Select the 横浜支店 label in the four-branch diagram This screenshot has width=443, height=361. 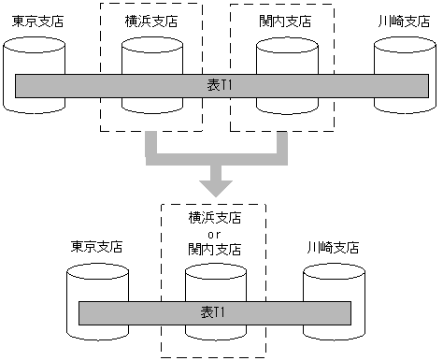click(151, 19)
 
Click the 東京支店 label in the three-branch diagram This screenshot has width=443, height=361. click(96, 248)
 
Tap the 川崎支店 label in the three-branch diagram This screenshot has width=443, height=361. click(334, 248)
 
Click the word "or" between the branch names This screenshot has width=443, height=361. click(214, 234)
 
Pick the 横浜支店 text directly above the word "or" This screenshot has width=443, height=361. click(214, 218)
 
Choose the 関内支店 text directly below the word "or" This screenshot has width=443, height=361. click(214, 250)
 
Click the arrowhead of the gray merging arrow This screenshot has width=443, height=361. click(217, 185)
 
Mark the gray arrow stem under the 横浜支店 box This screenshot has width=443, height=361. click(153, 145)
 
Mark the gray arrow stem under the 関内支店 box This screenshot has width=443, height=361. click(280, 145)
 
